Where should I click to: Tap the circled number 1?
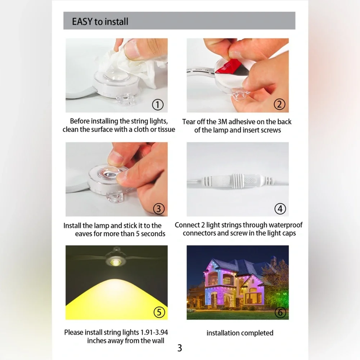pos(158,105)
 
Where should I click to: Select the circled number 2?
pos(279,104)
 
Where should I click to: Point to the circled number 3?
pos(159,209)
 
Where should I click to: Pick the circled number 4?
pos(280,209)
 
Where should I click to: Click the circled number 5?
pos(159,312)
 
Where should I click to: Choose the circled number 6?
pos(280,312)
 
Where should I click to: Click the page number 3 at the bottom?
pos(180,348)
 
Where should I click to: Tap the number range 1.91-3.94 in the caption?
pos(154,332)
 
